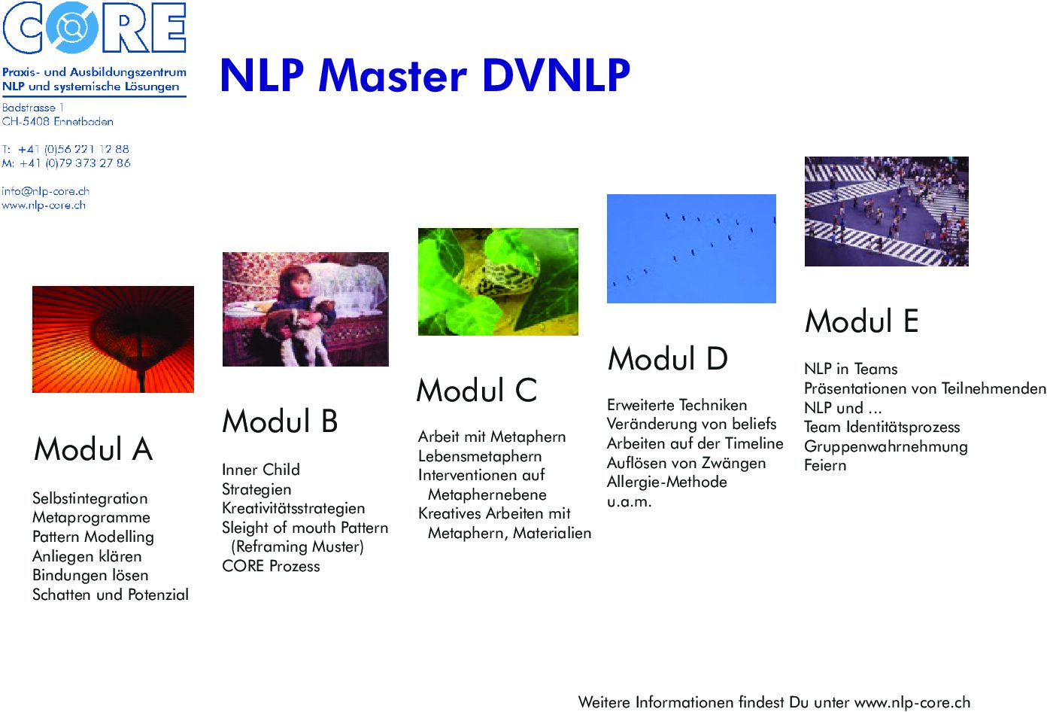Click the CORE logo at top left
95,27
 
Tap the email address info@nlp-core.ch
45,191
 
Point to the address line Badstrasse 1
33,108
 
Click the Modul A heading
93,449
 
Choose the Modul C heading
477,390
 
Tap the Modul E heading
861,321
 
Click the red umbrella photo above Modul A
113,339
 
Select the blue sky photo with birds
691,248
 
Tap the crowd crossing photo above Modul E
886,211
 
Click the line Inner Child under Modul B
261,469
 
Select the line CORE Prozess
271,566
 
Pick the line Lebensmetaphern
480,456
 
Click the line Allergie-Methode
667,482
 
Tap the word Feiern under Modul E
825,465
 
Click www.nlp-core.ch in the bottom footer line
912,702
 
